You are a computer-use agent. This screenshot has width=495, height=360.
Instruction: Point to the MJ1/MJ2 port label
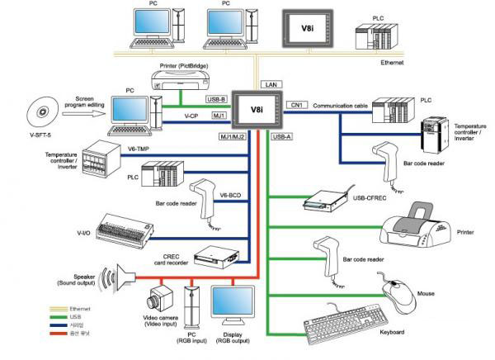coord(233,135)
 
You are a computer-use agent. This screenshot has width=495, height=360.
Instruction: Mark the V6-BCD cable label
coord(230,196)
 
